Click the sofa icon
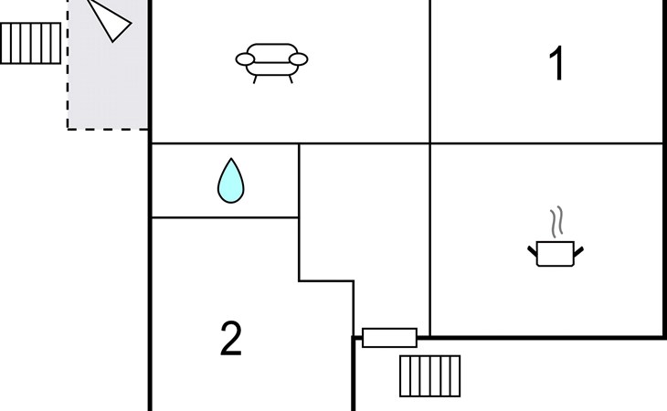(271, 60)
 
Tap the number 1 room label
(556, 65)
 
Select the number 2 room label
(231, 340)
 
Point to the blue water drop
(231, 182)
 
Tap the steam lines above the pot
(556, 222)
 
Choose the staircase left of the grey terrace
(30, 43)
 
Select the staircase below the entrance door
(430, 375)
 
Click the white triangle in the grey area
(111, 20)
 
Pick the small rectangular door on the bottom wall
(389, 338)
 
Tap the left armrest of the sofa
(245, 60)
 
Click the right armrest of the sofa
(299, 60)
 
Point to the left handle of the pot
(532, 248)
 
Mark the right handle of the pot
(578, 248)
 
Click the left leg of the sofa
(256, 79)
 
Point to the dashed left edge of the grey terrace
(68, 91)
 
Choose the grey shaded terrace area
(110, 82)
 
